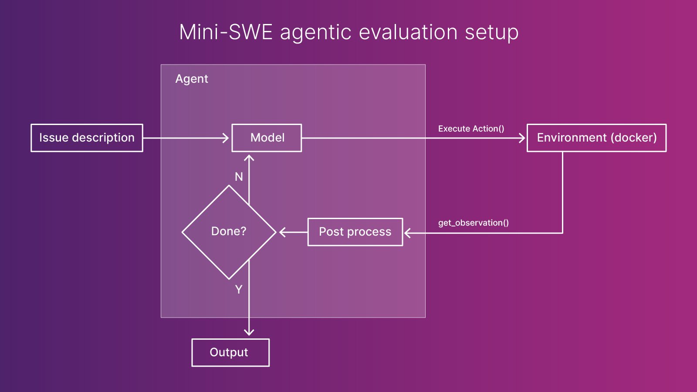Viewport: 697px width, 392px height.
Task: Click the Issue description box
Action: pyautogui.click(x=87, y=138)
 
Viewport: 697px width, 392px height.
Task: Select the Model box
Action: pyautogui.click(x=267, y=138)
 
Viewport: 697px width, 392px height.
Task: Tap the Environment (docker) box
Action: pyautogui.click(x=596, y=138)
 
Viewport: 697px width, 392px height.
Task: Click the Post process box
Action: pyautogui.click(x=355, y=232)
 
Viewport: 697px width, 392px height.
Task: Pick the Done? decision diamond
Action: pyautogui.click(x=229, y=232)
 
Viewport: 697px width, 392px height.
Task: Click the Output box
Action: pyautogui.click(x=230, y=352)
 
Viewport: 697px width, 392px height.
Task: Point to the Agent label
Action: pyautogui.click(x=192, y=79)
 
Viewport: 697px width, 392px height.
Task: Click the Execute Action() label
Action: pyautogui.click(x=471, y=128)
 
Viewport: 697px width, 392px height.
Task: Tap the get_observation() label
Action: pyautogui.click(x=473, y=223)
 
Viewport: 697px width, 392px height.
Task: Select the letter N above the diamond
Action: pyautogui.click(x=239, y=176)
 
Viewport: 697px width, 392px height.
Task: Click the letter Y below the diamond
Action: pyautogui.click(x=239, y=289)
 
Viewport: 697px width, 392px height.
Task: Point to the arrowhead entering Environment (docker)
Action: pyautogui.click(x=522, y=138)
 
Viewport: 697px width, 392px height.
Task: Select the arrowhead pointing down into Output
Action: pyautogui.click(x=249, y=332)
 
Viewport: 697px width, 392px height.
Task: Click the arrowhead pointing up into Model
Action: pyautogui.click(x=249, y=158)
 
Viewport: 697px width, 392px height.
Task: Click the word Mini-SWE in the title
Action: pyautogui.click(x=226, y=32)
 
